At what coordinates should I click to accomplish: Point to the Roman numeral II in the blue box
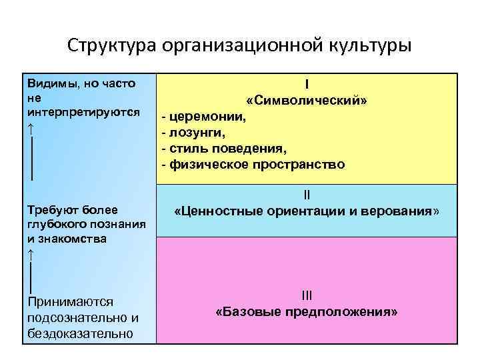(x=307, y=195)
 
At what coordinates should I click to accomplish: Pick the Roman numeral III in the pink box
(x=307, y=295)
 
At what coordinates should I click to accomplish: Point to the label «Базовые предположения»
(x=307, y=311)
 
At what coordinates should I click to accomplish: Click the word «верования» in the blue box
(x=402, y=211)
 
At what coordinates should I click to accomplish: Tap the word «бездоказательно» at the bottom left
(x=81, y=333)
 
